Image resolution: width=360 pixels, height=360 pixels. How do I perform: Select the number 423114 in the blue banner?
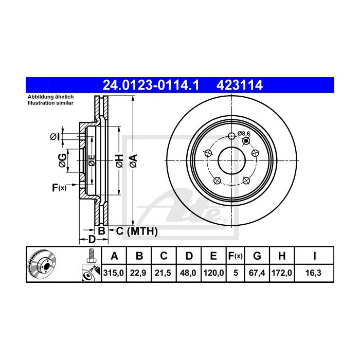pyautogui.click(x=241, y=85)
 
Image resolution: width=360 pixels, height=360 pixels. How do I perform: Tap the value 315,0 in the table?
pyautogui.click(x=114, y=274)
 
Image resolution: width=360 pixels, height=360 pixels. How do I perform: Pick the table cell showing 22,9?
pyautogui.click(x=139, y=274)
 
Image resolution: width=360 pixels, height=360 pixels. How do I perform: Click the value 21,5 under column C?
pyautogui.click(x=164, y=274)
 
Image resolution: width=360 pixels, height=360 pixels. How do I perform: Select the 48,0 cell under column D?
pyautogui.click(x=188, y=274)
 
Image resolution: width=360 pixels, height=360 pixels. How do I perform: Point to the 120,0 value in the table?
pyautogui.click(x=213, y=274)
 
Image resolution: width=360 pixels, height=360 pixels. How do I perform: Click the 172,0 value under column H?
pyautogui.click(x=283, y=274)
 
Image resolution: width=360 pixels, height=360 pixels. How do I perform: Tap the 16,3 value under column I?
pyautogui.click(x=314, y=274)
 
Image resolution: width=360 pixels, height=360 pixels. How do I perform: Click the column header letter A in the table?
pyautogui.click(x=114, y=256)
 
